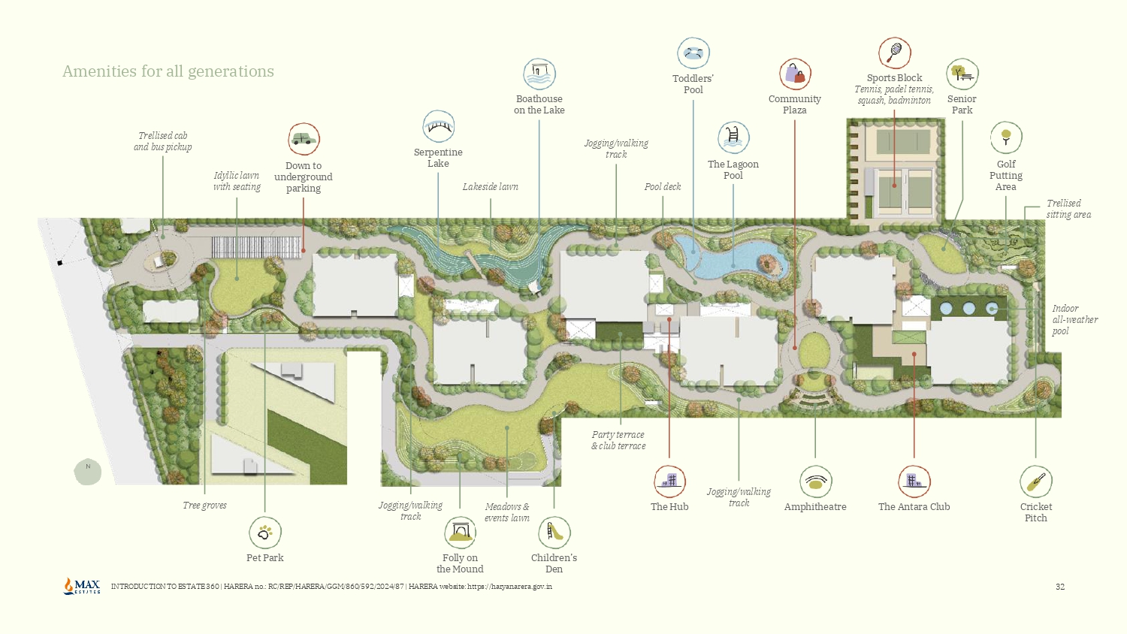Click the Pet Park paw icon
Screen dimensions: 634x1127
pos(265,533)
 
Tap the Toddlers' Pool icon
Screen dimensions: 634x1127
pos(693,53)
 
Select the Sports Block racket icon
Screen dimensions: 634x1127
pos(895,53)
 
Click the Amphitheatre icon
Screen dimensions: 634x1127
pos(815,482)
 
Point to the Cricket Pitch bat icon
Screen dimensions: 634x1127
pos(1036,482)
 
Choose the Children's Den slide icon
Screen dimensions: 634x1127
pos(554,533)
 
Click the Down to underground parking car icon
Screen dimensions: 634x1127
pos(304,139)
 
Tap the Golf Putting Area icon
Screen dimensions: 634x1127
pos(1006,138)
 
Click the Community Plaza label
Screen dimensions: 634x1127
pos(795,104)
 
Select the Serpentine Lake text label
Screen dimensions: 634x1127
pos(438,158)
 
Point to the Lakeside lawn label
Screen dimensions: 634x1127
pos(491,187)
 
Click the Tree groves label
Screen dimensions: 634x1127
pos(204,506)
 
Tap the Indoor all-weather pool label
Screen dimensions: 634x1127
pos(1074,319)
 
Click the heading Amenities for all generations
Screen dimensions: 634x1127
pos(168,71)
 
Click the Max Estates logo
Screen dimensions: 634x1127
pos(83,586)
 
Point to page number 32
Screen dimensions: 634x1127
pos(1060,587)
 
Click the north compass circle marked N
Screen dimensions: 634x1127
pos(88,471)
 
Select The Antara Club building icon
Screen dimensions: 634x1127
pos(914,482)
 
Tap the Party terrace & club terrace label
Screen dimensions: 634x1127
pos(618,440)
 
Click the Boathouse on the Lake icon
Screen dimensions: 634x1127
pos(539,74)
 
